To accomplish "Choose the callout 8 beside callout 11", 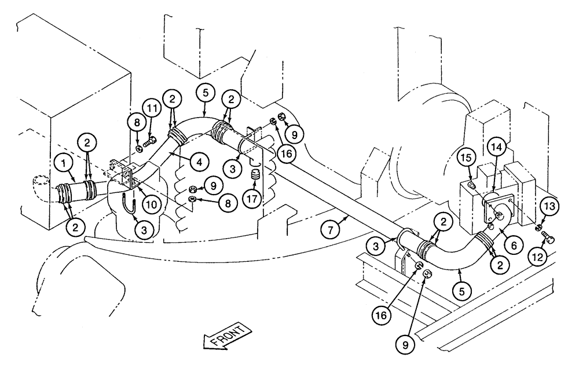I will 137,123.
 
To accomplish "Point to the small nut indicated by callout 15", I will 472,185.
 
